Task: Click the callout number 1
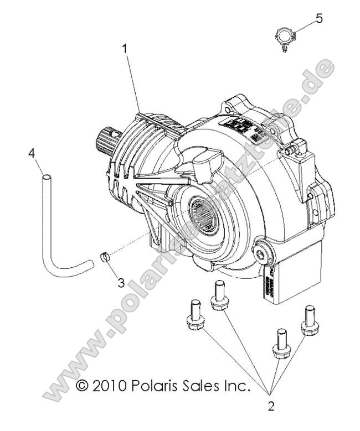tap(125, 49)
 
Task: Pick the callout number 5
tap(318, 19)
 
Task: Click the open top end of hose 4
tap(48, 179)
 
